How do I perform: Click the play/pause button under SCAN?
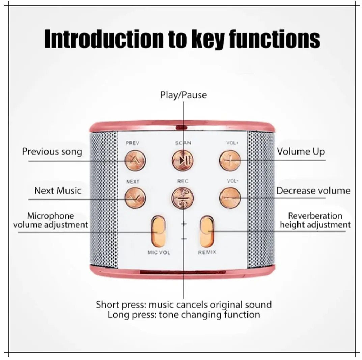point(182,160)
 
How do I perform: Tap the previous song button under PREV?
point(135,160)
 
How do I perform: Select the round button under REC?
point(182,198)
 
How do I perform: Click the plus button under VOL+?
point(230,160)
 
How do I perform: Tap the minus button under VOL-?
point(230,198)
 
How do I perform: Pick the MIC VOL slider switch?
point(158,231)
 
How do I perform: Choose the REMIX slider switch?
point(207,231)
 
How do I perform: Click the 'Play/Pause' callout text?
point(183,95)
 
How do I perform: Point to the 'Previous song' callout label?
point(52,151)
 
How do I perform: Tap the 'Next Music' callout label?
point(58,191)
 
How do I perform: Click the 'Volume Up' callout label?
point(301,151)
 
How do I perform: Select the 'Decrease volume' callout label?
point(313,191)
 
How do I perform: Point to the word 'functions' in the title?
point(274,39)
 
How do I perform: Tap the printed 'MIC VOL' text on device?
point(159,253)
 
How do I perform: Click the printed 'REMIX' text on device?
point(207,252)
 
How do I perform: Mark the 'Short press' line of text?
point(184,305)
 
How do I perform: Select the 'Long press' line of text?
point(184,315)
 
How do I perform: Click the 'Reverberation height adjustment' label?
point(315,220)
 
